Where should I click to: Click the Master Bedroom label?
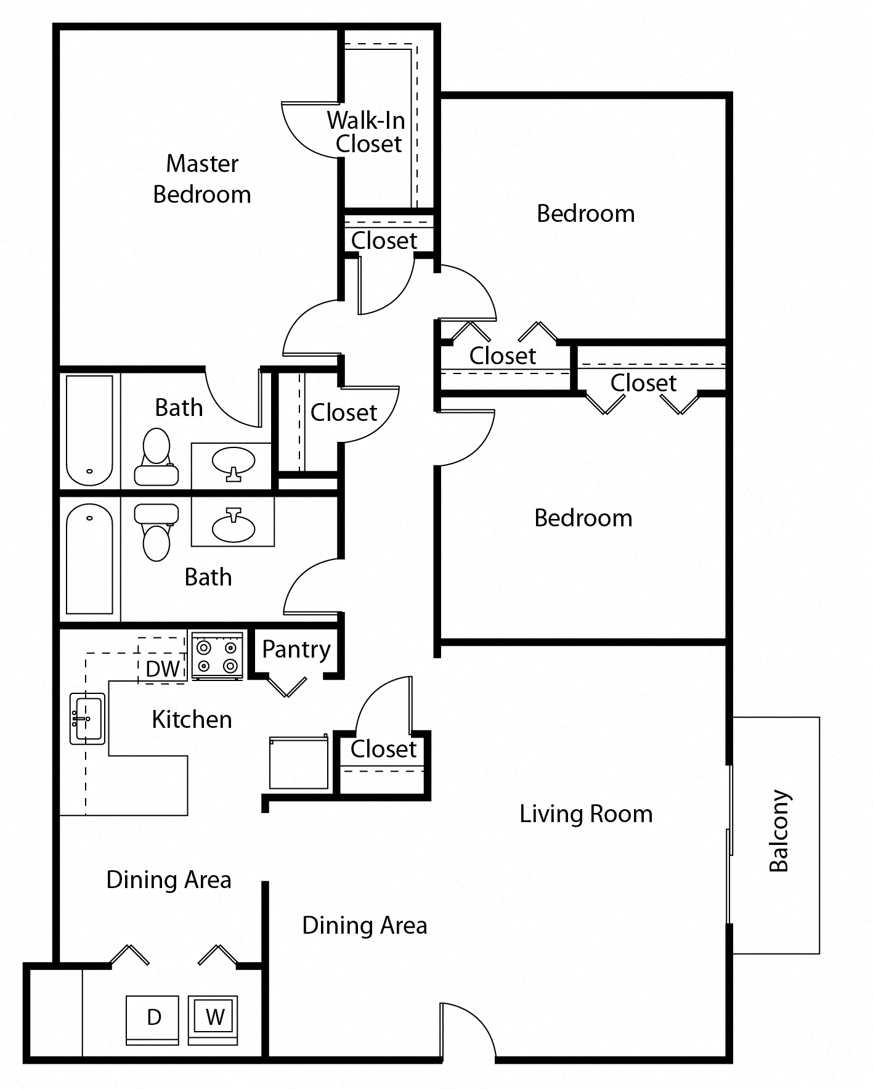pos(202,179)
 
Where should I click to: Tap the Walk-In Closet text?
pos(368,132)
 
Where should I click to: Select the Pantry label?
pos(296,650)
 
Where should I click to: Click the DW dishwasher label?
pos(163,669)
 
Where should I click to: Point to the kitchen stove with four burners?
pos(217,656)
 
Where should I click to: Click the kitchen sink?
pos(87,719)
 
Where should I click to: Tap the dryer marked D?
pos(153,1020)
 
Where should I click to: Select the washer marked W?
pos(213,1020)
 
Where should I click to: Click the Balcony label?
pos(779,831)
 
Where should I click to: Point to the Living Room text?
pos(586,814)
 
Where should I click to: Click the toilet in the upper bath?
pos(156,457)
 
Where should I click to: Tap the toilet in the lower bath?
pos(156,532)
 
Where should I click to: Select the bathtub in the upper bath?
pos(89,431)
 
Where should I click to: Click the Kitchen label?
pos(192,720)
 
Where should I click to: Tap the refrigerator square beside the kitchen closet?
pos(299,762)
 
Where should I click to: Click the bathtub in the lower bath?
pos(89,558)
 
